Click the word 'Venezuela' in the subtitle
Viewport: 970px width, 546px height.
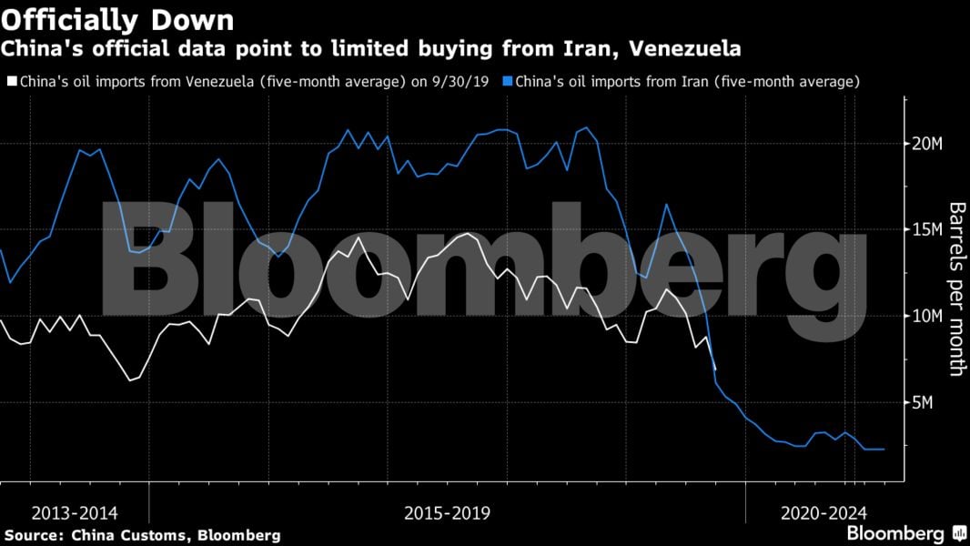[x=693, y=47]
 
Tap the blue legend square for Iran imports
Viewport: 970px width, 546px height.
[x=507, y=82]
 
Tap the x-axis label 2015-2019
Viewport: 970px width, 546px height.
[x=447, y=513]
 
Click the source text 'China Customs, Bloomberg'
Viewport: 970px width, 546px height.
[x=173, y=535]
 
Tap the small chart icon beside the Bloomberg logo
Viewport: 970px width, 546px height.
[x=958, y=533]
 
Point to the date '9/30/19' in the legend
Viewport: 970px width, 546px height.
[x=468, y=82]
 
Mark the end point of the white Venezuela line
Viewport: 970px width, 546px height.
[x=715, y=369]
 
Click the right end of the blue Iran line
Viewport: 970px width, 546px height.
[x=884, y=449]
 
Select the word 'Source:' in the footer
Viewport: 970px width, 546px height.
[x=33, y=535]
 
